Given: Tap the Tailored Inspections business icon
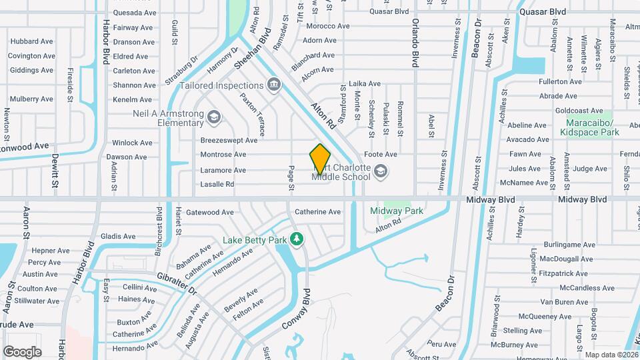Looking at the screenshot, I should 273,85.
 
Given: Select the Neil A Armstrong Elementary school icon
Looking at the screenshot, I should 214,118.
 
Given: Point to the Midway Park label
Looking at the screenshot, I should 397,211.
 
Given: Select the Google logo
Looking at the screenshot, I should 22,351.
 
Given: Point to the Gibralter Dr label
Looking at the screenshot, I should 177,283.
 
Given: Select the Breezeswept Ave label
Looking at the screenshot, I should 229,141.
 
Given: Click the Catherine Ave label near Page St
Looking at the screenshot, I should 317,212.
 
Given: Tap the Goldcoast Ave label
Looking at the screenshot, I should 579,111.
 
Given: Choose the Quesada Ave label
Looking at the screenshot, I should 135,13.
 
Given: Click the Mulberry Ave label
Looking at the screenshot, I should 31,99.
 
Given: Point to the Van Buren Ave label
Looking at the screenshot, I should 565,302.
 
